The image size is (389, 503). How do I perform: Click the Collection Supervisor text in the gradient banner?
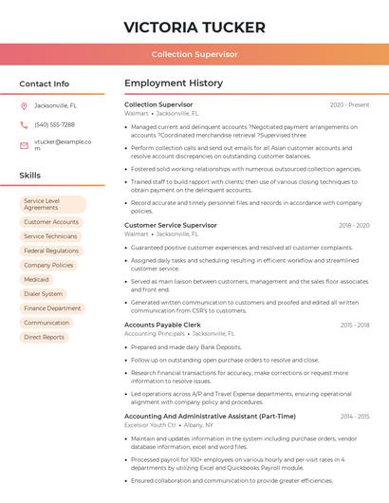coord(194,54)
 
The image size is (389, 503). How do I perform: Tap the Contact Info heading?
coord(45,84)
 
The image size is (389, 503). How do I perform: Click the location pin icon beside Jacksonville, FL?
coord(24,105)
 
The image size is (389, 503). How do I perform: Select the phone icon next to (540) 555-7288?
coord(24,125)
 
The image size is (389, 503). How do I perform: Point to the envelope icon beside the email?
coord(24,145)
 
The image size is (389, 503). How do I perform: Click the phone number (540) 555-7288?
coord(54,125)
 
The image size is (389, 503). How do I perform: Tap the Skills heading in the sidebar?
coord(30,176)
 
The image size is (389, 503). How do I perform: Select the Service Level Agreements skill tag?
coord(53,204)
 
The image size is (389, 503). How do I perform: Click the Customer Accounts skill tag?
coord(51,222)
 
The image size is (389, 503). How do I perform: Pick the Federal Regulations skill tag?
coord(51,251)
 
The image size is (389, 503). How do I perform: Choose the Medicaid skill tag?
coord(37,280)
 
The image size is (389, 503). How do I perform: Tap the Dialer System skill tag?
coord(44,294)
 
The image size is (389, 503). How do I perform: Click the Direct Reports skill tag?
coord(45,337)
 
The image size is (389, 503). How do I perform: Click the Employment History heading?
coord(174,84)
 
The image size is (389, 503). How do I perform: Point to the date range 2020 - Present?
coord(349,104)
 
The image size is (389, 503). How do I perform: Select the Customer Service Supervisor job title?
coord(171,225)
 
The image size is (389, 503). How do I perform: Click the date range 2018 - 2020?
coord(354,226)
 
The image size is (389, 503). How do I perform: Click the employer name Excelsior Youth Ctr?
coord(150,425)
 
